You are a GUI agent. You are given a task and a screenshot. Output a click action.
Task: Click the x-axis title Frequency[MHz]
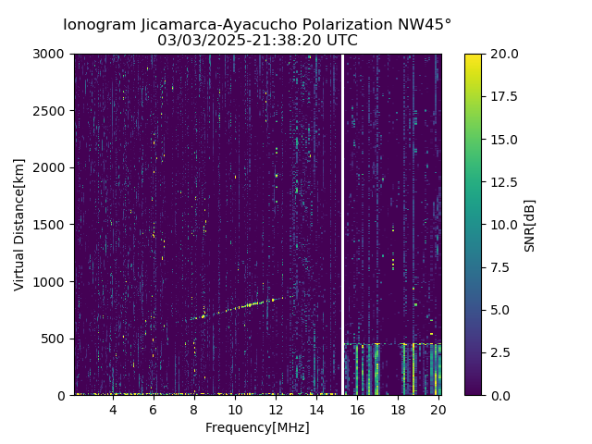pos(257,427)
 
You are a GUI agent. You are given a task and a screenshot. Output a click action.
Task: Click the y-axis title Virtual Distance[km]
pos(19,225)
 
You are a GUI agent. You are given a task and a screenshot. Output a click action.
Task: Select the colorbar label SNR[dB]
pos(530,225)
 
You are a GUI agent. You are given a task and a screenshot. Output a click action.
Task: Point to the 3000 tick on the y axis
pos(53,55)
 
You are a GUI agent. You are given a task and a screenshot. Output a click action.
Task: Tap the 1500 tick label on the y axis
pos(53,225)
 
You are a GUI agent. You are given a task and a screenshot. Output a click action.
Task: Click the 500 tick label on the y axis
pos(56,339)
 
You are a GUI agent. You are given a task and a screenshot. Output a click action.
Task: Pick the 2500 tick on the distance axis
pos(53,111)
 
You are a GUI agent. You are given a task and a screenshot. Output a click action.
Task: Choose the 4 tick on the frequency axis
pos(113,410)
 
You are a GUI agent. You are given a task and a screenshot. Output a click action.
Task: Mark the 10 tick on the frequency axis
pos(235,410)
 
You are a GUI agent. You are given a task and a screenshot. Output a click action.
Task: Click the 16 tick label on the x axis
pos(357,410)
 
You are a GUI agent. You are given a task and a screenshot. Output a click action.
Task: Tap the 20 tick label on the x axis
pos(438,410)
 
